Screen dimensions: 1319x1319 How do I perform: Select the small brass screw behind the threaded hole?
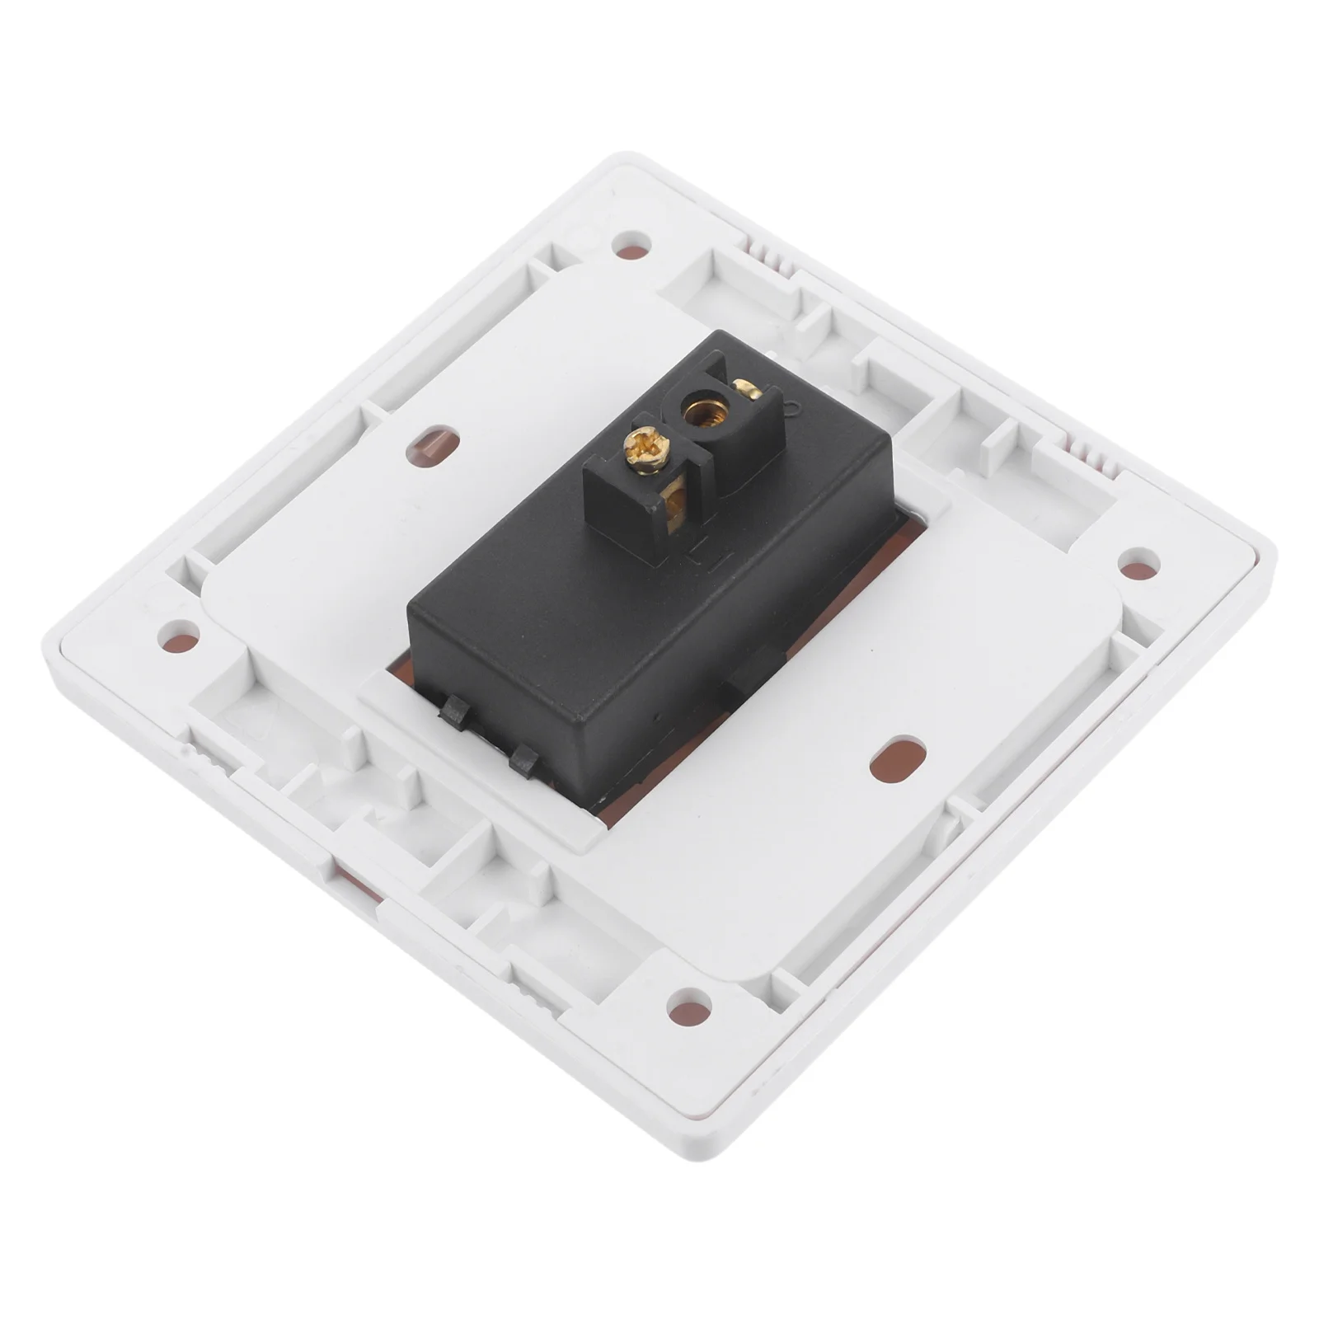[748, 389]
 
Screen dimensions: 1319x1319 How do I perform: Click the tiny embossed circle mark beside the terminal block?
[792, 406]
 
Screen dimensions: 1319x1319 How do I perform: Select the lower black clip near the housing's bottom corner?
[523, 759]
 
